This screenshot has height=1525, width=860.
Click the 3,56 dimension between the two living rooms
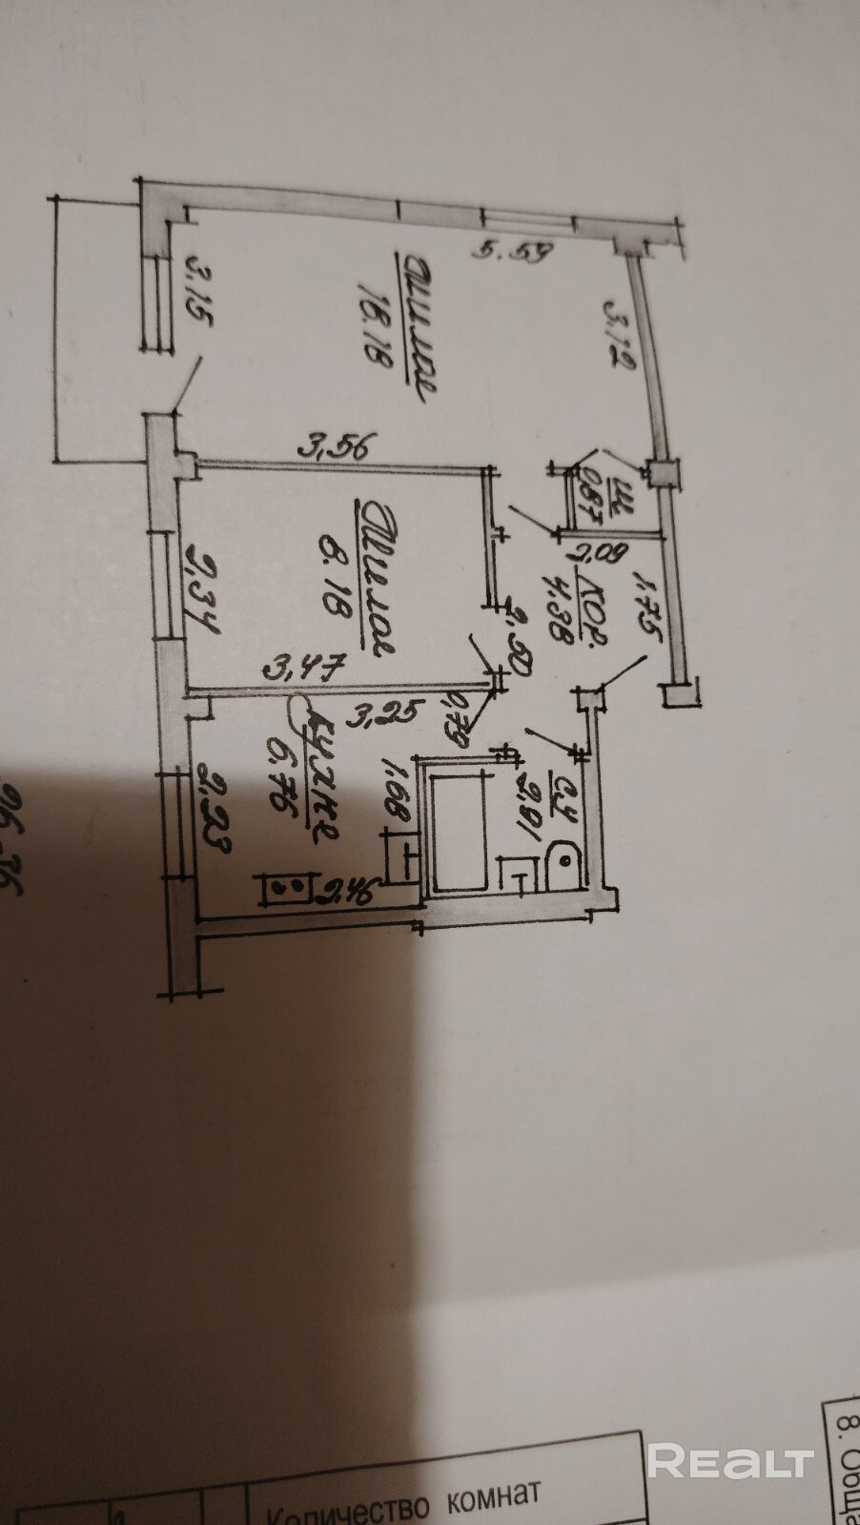coord(339,445)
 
